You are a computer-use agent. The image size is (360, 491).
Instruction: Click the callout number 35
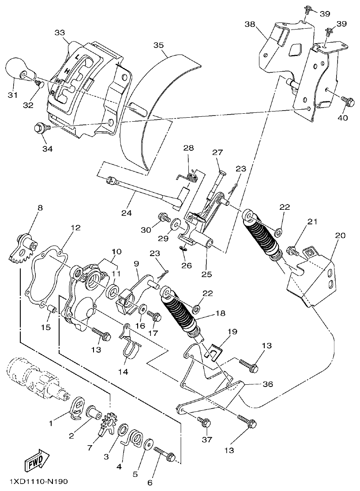[158, 45]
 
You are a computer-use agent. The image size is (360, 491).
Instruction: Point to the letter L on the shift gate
[77, 57]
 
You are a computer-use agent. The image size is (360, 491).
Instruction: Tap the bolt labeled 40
[348, 102]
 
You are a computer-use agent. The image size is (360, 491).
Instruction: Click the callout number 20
[340, 236]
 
